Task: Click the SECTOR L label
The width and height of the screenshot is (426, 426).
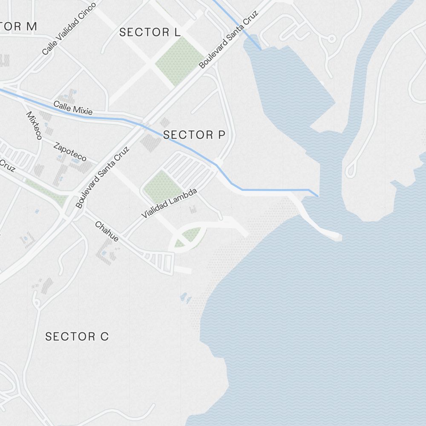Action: pos(150,32)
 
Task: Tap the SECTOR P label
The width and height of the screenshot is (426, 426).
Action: pos(194,135)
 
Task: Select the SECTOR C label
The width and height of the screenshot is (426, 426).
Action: pos(77,337)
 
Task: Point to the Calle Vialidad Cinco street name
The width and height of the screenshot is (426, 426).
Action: pos(69,29)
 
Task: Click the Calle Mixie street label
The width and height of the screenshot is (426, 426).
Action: pos(73,108)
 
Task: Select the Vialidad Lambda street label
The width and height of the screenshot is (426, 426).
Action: pos(169,204)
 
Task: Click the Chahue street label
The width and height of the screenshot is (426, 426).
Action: pos(106,231)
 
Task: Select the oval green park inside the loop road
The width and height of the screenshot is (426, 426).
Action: pos(191,236)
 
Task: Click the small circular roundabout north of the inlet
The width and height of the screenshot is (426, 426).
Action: pos(331,39)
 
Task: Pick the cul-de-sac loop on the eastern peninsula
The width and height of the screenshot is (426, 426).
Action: pos(350,170)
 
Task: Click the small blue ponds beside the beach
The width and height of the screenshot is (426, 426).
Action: pos(186,297)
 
